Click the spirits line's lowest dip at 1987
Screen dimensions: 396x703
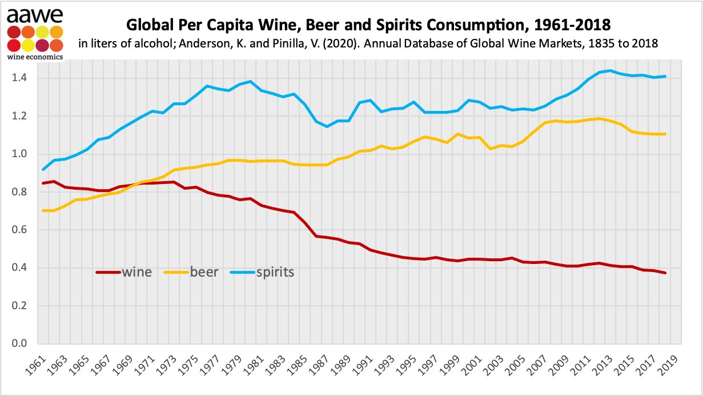(x=327, y=126)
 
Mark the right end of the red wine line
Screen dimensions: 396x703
(x=665, y=273)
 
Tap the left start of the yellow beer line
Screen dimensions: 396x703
(x=43, y=210)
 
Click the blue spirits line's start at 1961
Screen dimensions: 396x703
(x=43, y=169)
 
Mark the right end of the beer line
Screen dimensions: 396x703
(x=665, y=134)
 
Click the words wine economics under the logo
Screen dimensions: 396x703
(x=35, y=56)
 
